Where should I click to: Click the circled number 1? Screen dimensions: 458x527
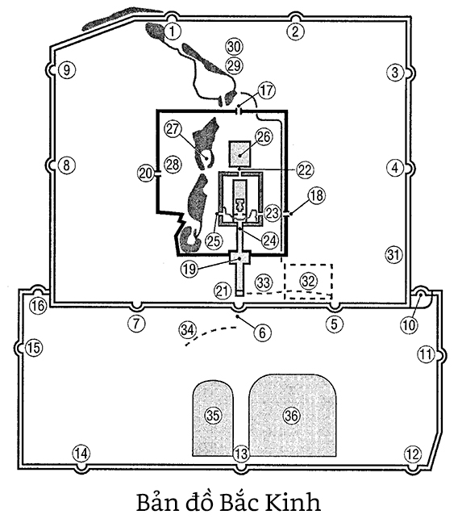173,31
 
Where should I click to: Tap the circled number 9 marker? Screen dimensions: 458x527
67,70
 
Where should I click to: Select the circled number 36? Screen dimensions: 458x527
291,416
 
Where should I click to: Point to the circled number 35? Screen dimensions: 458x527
213,416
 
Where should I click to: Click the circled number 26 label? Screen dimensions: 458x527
264,137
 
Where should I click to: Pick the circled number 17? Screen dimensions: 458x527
267,90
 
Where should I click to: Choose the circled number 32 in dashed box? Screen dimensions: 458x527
308,281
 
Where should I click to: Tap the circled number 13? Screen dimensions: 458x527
241,454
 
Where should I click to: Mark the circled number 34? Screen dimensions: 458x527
187,330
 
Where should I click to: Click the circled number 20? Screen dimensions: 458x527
146,174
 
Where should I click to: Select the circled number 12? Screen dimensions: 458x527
413,454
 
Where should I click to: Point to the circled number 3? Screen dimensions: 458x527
395,73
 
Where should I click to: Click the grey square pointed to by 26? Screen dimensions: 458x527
239,153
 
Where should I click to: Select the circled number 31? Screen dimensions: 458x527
393,255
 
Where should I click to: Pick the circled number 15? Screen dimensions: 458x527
34,348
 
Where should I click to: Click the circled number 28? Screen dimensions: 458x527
173,165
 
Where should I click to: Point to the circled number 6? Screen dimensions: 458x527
262,333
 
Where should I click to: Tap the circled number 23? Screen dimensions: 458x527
272,213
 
